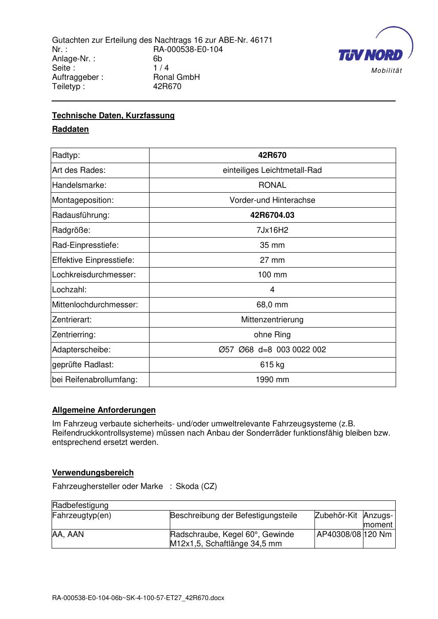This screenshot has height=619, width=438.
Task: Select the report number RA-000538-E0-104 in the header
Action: coord(188,49)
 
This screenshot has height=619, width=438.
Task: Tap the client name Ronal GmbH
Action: coord(176,77)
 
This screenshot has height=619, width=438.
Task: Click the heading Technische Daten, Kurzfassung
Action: coord(113,116)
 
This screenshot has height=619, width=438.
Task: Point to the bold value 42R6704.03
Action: coord(272,215)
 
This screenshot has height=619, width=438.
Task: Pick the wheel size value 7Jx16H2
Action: coord(272,230)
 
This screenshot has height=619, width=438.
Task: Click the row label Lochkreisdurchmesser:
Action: coord(94,275)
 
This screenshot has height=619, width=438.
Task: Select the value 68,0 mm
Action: coord(272,305)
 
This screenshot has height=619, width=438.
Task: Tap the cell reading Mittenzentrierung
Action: coord(272,320)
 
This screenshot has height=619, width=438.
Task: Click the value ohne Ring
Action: coord(272,335)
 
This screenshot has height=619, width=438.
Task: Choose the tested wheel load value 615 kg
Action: coord(272,365)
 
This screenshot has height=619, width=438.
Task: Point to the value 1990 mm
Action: coord(272,380)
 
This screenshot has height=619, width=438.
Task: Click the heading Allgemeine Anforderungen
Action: coord(104,410)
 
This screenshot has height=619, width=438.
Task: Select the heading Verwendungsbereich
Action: coord(93,473)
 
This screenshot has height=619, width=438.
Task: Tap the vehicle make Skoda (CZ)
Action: coord(196,487)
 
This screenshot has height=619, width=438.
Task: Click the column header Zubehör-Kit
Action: coord(336,515)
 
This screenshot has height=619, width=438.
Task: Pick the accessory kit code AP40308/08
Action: coord(339,534)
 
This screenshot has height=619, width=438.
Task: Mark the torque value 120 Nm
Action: coord(379,534)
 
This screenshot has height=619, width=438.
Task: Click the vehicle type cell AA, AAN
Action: coord(68,534)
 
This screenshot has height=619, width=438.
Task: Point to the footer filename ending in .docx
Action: coord(138,598)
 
